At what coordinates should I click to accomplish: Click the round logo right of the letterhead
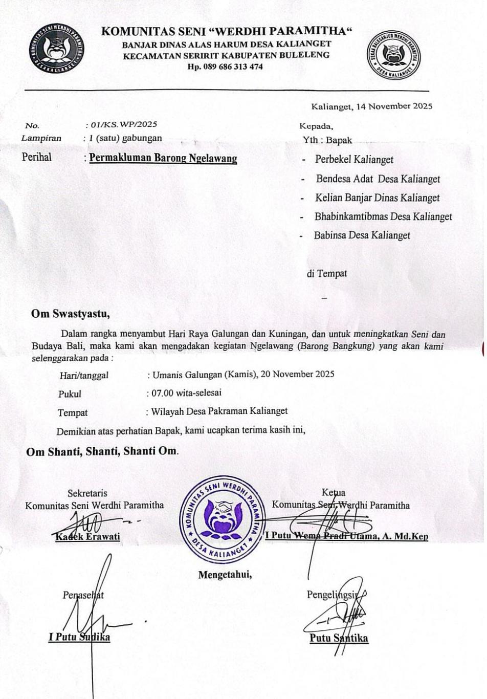[394, 55]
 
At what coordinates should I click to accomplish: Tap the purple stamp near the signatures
[222, 518]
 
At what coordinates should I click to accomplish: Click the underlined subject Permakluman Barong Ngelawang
[163, 158]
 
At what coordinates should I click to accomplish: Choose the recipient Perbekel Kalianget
[354, 159]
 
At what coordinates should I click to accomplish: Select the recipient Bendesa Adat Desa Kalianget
[378, 179]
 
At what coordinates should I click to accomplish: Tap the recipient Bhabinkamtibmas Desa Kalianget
[383, 216]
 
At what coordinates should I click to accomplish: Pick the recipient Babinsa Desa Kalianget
[362, 235]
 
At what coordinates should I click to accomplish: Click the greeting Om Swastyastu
[71, 314]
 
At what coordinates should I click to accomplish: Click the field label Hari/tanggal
[84, 375]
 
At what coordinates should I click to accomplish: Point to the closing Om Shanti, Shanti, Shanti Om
[102, 451]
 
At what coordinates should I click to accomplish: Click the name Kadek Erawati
[87, 536]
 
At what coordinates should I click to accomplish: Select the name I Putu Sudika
[79, 637]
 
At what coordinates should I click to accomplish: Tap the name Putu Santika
[339, 638]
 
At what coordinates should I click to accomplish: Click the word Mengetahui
[225, 575]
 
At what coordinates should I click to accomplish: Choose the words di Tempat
[327, 274]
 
